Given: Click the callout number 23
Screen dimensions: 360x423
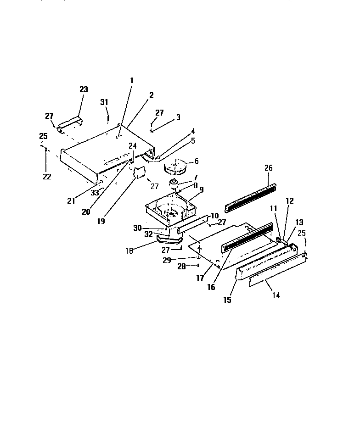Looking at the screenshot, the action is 84,89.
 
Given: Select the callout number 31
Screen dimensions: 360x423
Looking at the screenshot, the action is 104,102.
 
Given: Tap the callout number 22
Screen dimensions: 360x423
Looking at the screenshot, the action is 47,177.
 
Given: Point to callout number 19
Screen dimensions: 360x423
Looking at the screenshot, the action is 101,221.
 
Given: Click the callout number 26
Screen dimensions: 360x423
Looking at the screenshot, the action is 269,168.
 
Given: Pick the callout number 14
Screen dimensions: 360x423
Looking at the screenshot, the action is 276,295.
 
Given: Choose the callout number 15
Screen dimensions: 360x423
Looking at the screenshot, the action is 227,300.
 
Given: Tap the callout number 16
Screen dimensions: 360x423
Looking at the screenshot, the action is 211,287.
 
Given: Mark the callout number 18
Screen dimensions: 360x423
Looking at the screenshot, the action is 129,250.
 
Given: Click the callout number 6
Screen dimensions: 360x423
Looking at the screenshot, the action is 197,161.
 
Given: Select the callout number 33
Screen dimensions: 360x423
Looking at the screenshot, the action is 95,193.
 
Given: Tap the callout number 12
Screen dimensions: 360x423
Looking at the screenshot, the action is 289,200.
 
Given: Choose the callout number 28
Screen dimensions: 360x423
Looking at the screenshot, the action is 181,266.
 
